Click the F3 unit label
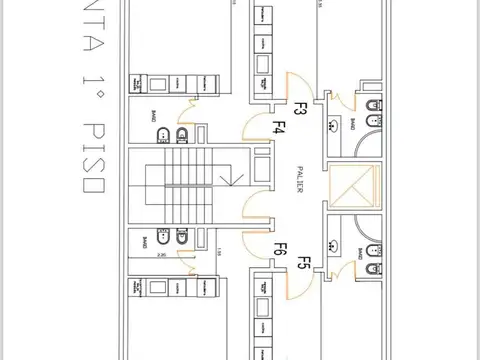click(x=299, y=107)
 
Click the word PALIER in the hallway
click(x=300, y=179)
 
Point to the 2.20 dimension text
click(x=159, y=255)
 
